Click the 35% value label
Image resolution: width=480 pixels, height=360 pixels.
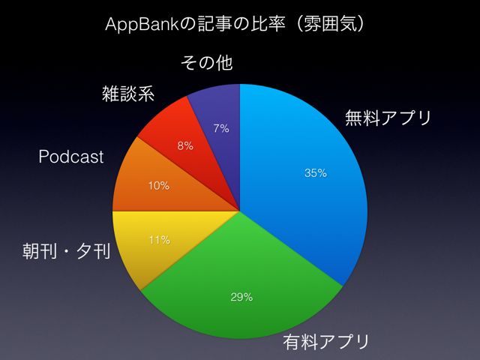pos(316,173)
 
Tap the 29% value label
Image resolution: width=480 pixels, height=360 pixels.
pos(241,297)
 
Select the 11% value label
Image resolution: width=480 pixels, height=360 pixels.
pos(160,240)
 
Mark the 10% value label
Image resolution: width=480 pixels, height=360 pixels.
pos(159,186)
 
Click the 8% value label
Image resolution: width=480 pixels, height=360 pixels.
pos(185,145)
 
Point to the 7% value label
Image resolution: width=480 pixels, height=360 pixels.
pos(221,128)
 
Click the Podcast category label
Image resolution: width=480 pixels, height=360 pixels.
pos(71,157)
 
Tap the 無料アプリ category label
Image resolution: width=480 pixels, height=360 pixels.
pos(388,118)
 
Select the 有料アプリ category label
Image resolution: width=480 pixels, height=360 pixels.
pos(326,341)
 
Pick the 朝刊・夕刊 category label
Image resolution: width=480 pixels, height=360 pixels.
pos(67,252)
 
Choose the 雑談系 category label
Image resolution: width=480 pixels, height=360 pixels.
pos(128,93)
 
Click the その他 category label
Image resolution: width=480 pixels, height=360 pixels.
pos(207,63)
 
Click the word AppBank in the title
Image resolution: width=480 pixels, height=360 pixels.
pos(142,25)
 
